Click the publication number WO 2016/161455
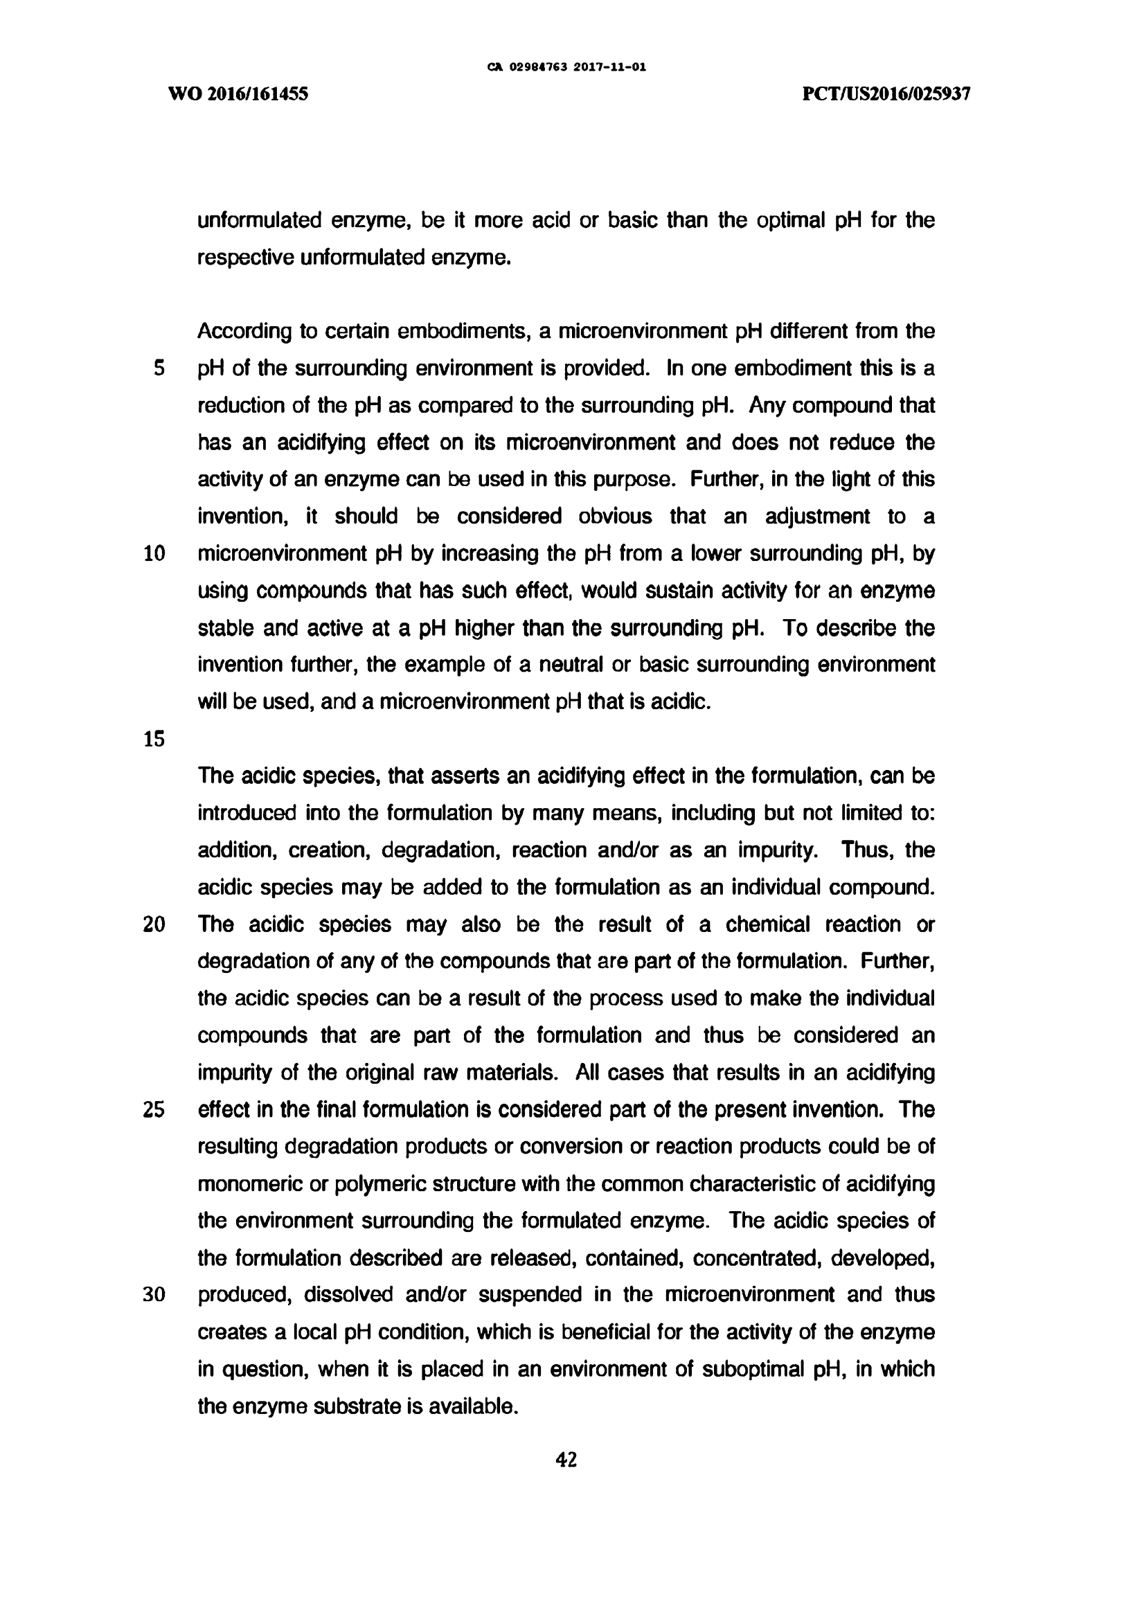coord(238,93)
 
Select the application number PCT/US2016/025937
coord(886,93)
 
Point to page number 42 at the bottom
coord(566,1460)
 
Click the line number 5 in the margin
coord(159,368)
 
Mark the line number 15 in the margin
coord(154,739)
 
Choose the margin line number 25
coord(154,1110)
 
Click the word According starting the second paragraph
coord(244,332)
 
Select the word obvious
coord(615,517)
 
